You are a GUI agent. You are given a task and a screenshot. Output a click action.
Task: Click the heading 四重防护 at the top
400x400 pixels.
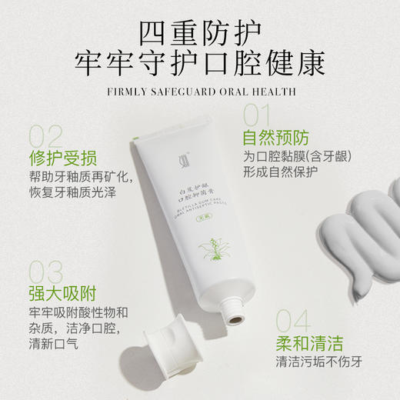click(199, 33)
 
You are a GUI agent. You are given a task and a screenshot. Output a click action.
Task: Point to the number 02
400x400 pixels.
click(45, 136)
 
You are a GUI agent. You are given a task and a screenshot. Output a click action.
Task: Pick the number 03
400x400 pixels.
click(45, 272)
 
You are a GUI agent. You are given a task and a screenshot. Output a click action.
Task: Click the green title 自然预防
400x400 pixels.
click(275, 138)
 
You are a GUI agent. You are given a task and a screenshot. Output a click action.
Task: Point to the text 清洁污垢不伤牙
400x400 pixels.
click(320, 364)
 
